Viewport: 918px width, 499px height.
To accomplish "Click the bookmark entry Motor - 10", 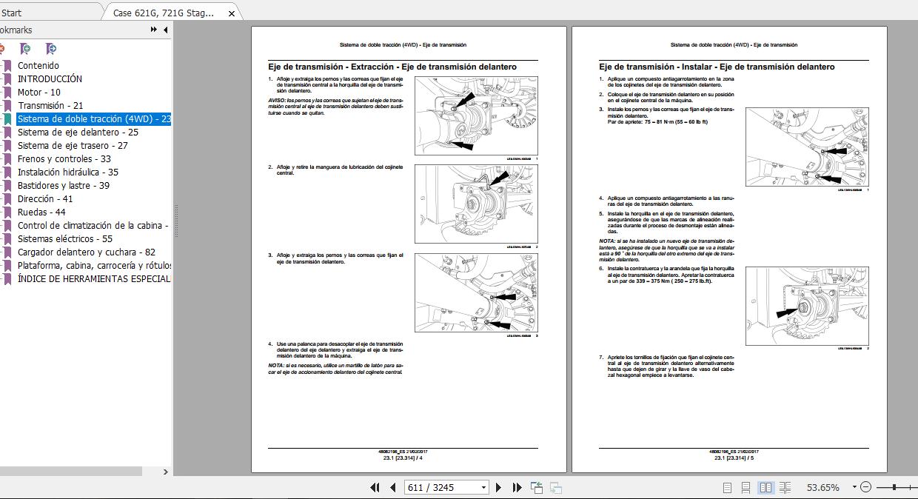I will [x=39, y=93].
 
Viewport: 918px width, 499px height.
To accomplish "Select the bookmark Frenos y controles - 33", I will [x=64, y=159].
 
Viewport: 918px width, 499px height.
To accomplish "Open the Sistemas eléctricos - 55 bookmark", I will [x=65, y=239].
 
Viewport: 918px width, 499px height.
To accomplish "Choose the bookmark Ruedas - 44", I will [x=41, y=212].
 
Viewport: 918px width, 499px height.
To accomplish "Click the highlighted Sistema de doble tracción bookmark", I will [x=94, y=119].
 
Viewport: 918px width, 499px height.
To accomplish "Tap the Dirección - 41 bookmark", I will [x=45, y=199].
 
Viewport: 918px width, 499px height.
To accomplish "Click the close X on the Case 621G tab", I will [x=232, y=13].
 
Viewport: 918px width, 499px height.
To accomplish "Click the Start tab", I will [x=12, y=13].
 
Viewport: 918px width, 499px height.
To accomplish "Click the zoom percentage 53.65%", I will [x=822, y=487].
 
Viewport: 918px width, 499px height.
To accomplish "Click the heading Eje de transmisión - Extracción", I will [x=392, y=67].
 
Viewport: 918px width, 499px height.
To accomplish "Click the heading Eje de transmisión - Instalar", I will [x=717, y=67].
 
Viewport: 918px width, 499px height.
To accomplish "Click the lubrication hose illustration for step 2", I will [x=476, y=204].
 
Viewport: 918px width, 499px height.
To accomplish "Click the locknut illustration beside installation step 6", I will [x=806, y=306].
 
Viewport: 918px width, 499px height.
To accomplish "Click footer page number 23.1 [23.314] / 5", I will [x=734, y=458].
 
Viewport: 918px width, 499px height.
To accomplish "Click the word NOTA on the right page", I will [x=606, y=241].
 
